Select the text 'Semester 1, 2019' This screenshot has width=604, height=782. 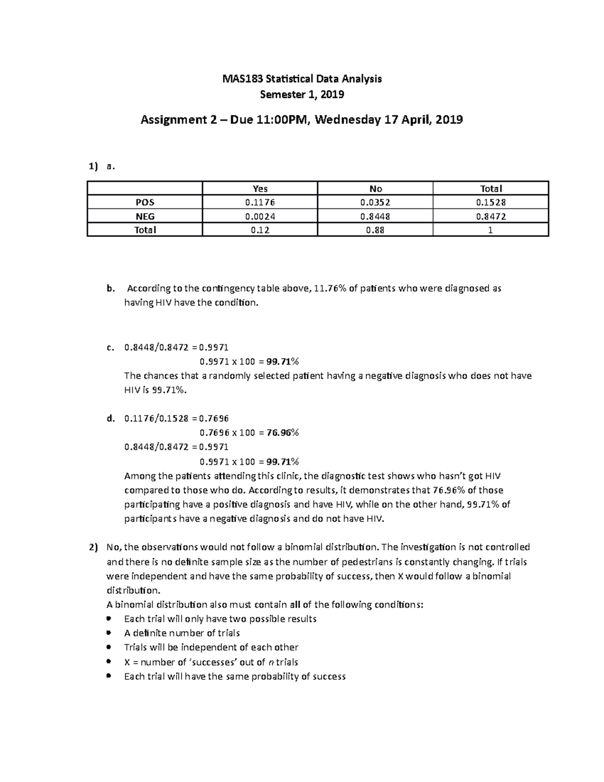[302, 94]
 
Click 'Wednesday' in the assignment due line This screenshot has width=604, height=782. [348, 120]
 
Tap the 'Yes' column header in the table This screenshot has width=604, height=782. [260, 189]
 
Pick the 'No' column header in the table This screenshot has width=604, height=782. [375, 189]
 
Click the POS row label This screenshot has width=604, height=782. [145, 202]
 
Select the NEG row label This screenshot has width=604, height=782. [145, 217]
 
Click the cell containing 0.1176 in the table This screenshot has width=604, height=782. [260, 202]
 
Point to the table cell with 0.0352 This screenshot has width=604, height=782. [375, 202]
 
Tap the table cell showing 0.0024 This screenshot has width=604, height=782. [260, 217]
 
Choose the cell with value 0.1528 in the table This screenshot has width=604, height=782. [491, 202]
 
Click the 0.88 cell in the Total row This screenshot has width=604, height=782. [375, 230]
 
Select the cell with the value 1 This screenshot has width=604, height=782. [491, 230]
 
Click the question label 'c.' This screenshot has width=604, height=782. [110, 347]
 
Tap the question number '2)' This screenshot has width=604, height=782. [93, 547]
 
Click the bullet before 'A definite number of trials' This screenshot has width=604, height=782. [109, 633]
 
